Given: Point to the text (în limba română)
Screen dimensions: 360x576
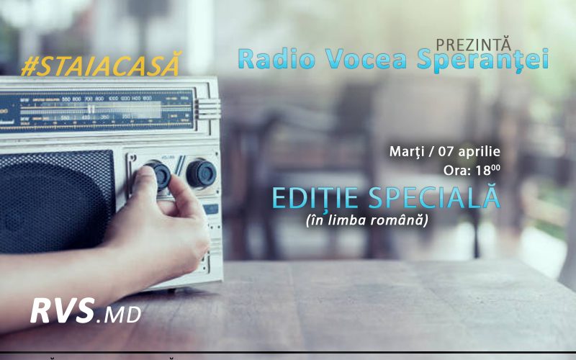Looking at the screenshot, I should (366, 220).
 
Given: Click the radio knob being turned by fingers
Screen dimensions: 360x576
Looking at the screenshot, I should (158, 174).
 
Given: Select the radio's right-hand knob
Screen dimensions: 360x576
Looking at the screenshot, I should (201, 174).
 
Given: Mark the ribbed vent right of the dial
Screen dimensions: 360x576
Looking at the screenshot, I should (209, 109).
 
